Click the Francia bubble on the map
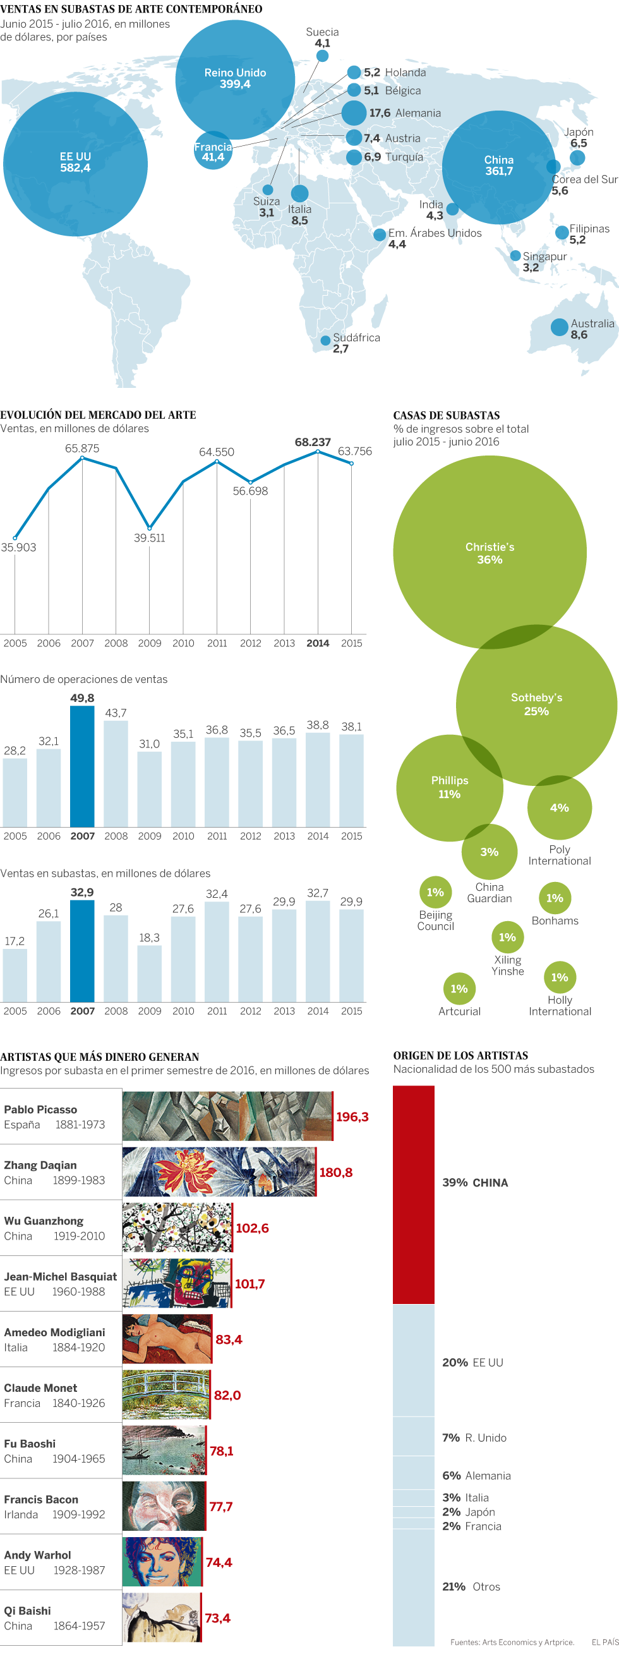(x=212, y=152)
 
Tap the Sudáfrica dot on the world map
(x=325, y=341)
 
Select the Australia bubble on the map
(x=559, y=327)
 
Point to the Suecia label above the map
(x=322, y=32)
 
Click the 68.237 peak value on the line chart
(x=313, y=442)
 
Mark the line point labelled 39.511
(x=150, y=528)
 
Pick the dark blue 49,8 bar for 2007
(x=82, y=766)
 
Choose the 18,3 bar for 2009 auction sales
(x=150, y=973)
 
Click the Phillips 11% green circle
(x=450, y=787)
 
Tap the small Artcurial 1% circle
(x=459, y=989)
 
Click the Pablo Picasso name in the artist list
(x=40, y=1109)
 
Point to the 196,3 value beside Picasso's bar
(x=352, y=1116)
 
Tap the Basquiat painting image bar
(x=177, y=1283)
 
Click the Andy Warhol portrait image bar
(x=162, y=1562)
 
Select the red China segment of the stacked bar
(x=414, y=1194)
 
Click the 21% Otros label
(x=471, y=1586)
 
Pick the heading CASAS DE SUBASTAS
(x=447, y=416)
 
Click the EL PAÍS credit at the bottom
(x=605, y=1642)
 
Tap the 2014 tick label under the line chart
(x=318, y=643)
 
